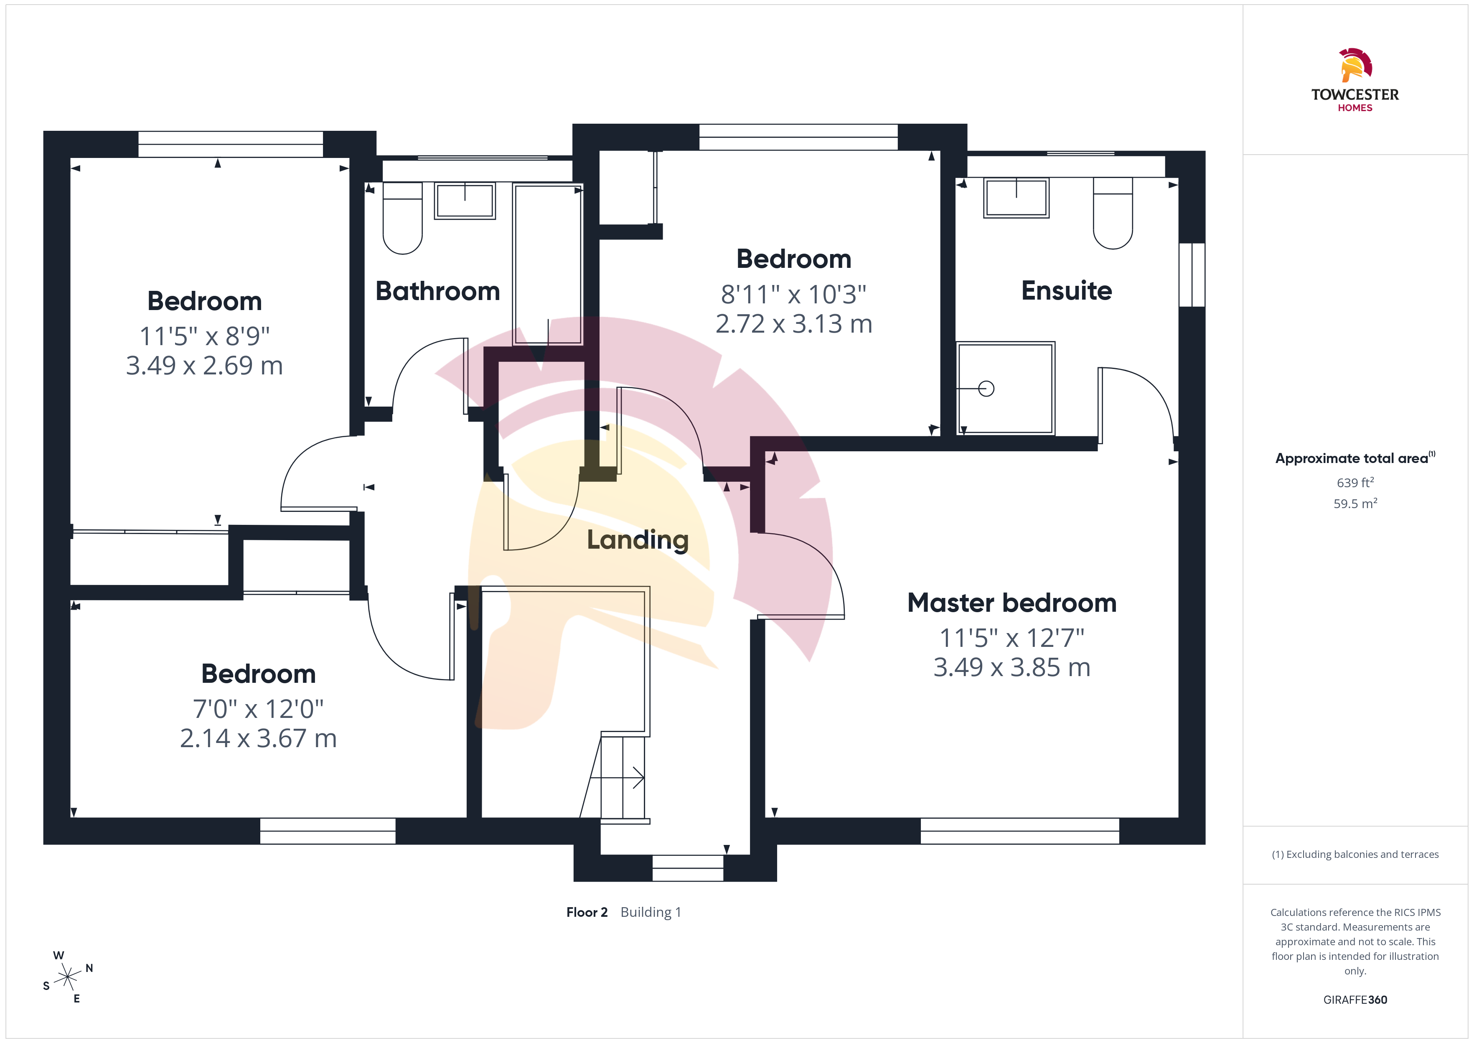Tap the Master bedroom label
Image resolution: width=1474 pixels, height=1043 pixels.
tap(1012, 603)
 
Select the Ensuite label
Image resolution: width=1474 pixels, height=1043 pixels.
tap(1066, 290)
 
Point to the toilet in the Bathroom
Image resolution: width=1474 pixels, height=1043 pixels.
tap(402, 219)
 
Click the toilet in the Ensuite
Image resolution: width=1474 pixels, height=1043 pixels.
tap(1113, 213)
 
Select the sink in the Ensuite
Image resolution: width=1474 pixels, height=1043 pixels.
tap(1016, 198)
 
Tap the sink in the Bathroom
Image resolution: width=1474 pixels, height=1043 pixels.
tap(465, 201)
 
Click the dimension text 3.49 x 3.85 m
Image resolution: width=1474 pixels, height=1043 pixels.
tap(1012, 667)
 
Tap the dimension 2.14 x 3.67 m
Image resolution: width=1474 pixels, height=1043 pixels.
tap(258, 738)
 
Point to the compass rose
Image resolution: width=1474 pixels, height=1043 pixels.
tap(67, 977)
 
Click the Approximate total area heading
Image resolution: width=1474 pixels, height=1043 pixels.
tap(1355, 458)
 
